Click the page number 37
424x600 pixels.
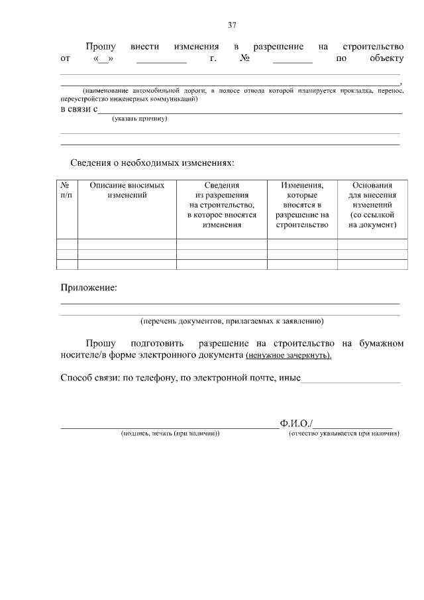(232, 25)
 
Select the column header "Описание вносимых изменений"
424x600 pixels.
(127, 191)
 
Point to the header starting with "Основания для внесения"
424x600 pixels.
(372, 206)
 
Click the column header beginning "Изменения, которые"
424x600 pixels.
(301, 206)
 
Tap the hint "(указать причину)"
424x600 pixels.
(139, 119)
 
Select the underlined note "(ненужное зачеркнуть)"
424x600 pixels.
(288, 355)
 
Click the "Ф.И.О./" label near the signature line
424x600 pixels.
(297, 423)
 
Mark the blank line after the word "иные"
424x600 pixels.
(351, 380)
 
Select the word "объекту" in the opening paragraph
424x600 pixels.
(384, 59)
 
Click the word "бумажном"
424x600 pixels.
(381, 343)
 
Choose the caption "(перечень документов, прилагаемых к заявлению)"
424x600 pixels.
(231, 321)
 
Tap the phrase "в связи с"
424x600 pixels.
(79, 109)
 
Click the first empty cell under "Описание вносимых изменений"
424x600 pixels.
(127, 243)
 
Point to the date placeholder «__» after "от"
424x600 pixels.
(101, 59)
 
